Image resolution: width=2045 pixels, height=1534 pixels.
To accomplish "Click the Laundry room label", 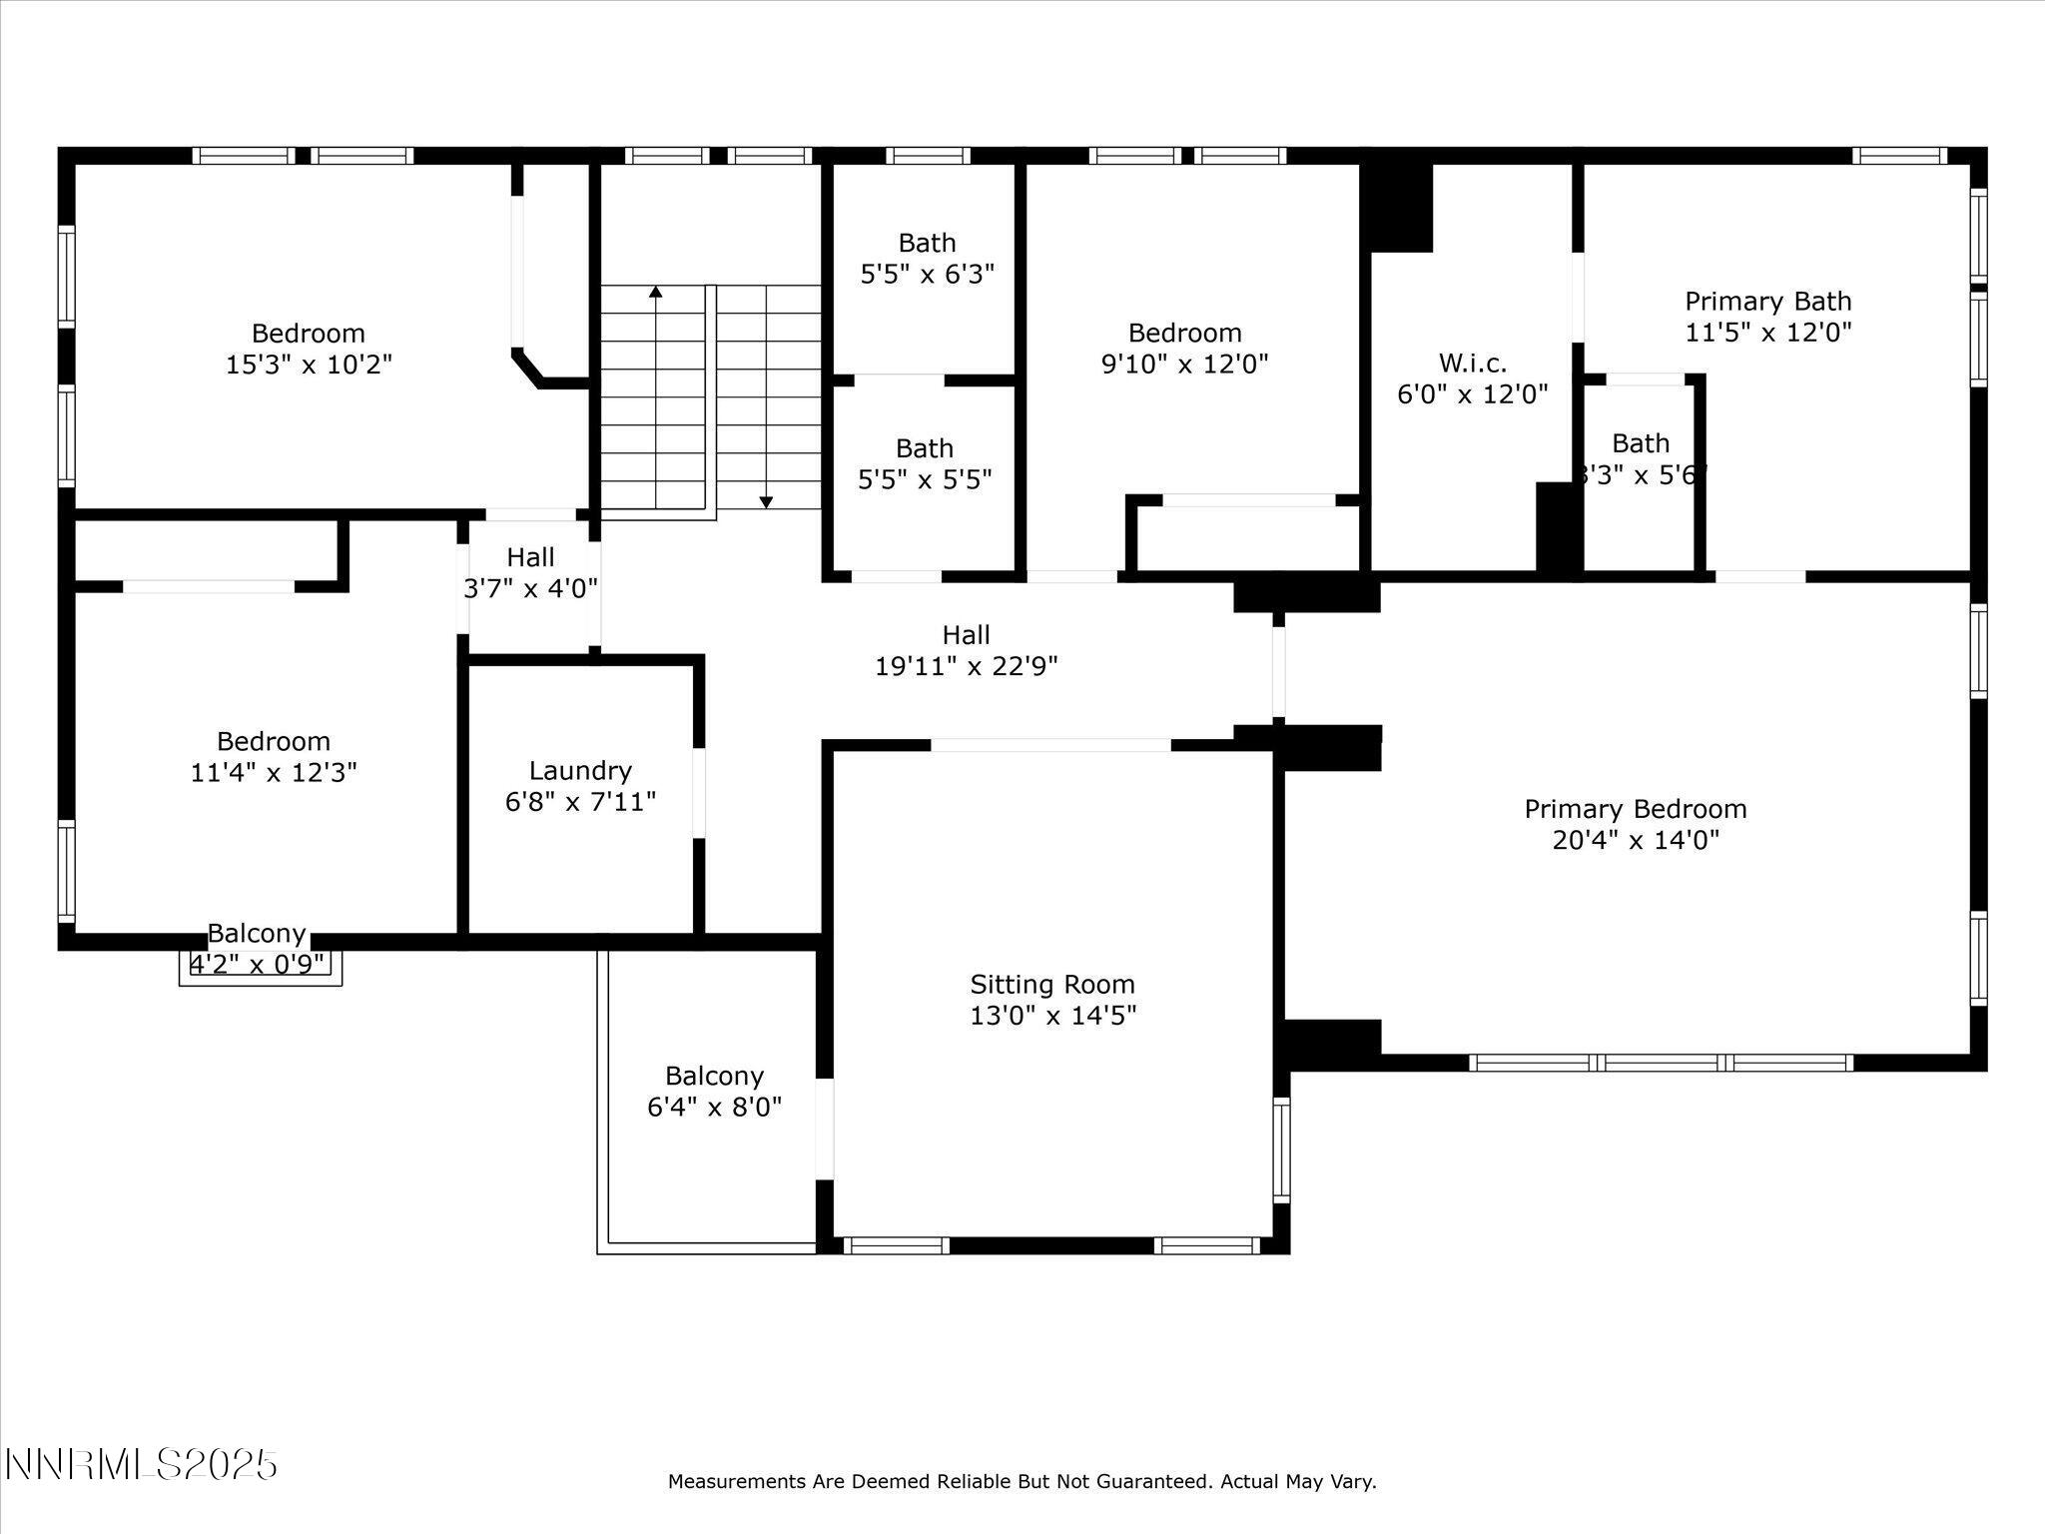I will pos(580,771).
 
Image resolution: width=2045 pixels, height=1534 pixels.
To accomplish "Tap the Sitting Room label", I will pos(1052,985).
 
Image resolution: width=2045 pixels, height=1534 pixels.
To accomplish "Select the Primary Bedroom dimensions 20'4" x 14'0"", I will pos(1636,840).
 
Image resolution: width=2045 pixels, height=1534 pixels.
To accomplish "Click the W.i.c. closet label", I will pos(1472,364).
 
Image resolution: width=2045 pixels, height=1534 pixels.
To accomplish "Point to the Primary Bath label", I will pos(1767,302).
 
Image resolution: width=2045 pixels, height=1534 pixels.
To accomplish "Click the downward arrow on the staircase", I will pos(766,501).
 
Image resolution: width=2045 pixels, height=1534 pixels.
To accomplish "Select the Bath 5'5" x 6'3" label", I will pos(927,258).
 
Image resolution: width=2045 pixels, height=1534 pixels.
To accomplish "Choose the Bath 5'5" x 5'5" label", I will pos(925,464).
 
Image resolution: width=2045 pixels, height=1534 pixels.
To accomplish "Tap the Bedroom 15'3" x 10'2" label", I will pos(309,349).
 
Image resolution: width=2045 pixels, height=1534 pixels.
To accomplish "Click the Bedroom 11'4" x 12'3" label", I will pos(274,756).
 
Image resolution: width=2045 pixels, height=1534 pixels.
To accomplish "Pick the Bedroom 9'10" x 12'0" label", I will pos(1184,348).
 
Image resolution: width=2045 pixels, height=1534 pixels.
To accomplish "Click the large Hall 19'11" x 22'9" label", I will pos(966,650).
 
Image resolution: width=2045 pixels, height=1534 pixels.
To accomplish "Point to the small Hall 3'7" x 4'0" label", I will pos(530,572).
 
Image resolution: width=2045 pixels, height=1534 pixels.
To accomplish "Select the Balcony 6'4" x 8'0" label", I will pos(714,1091).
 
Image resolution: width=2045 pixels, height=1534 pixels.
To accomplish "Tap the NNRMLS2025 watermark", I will pos(141,1465).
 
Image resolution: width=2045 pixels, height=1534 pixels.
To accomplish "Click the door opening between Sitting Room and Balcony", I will pos(825,1129).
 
